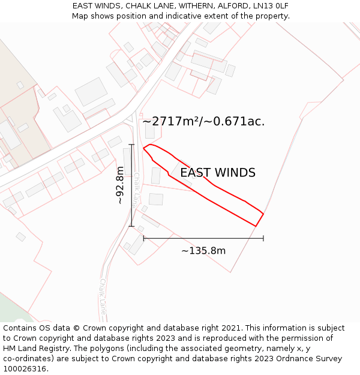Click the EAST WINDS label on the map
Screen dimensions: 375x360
click(x=218, y=173)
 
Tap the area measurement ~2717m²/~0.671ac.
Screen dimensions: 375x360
click(x=203, y=121)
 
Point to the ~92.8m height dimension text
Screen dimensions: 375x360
click(x=120, y=185)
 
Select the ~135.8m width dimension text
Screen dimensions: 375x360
click(x=203, y=251)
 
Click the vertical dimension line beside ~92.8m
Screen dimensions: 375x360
click(x=131, y=185)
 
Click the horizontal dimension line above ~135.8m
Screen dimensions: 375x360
click(x=203, y=238)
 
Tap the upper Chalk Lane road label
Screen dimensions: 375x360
click(x=137, y=189)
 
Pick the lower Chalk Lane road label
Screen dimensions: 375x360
click(x=103, y=296)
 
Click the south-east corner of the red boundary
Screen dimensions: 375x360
click(x=256, y=226)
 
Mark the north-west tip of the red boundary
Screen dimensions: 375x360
click(x=143, y=148)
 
